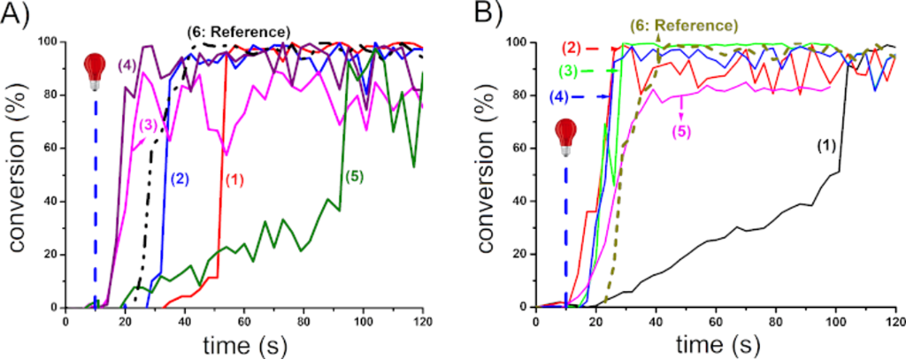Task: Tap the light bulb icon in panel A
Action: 94,69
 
